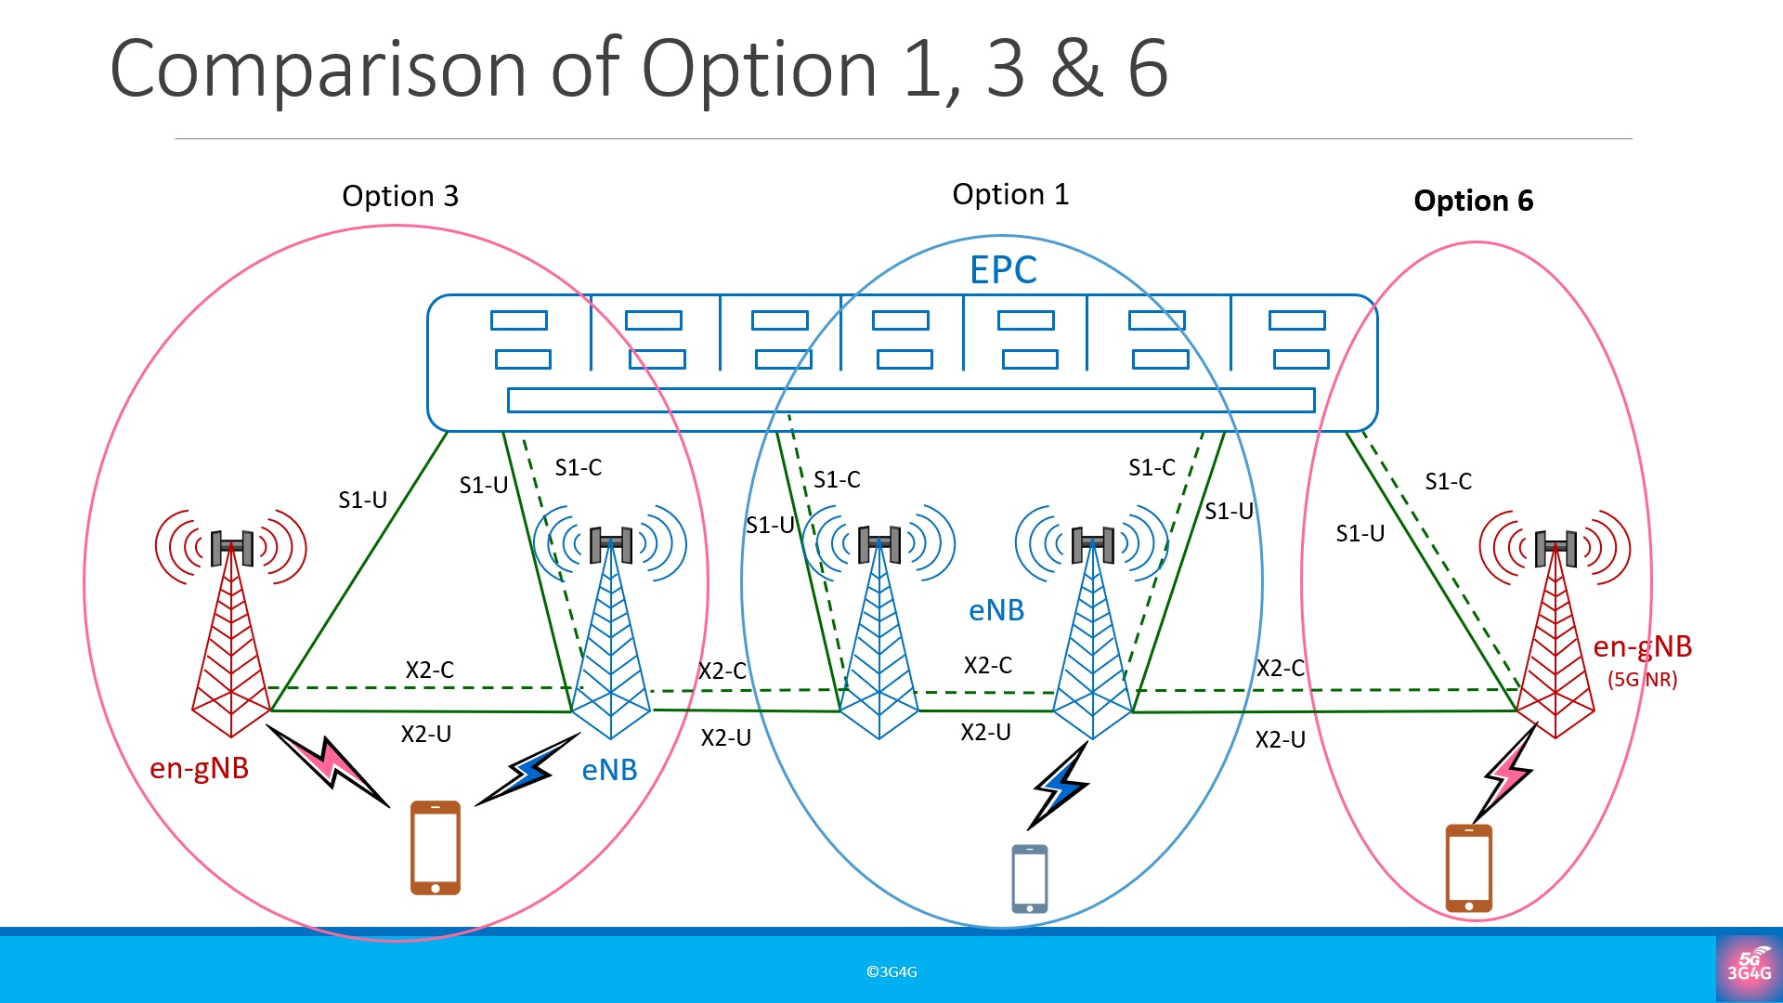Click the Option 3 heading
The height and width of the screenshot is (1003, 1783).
point(400,196)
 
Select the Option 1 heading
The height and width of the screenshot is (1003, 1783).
point(1010,194)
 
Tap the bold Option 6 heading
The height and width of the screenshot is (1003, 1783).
point(1473,201)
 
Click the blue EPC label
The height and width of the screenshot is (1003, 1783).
point(1003,270)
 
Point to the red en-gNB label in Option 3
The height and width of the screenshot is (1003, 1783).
point(199,768)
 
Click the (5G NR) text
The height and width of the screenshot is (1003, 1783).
point(1642,679)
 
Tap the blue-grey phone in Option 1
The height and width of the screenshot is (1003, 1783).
point(1029,879)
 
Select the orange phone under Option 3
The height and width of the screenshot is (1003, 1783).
point(436,848)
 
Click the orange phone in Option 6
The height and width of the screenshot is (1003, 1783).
point(1469,868)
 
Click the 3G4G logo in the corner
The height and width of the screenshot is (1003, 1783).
point(1749,968)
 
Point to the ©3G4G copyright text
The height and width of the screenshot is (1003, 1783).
point(891,971)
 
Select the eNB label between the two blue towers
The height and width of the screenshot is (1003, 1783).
point(996,610)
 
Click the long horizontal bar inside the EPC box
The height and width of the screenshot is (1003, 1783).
point(911,400)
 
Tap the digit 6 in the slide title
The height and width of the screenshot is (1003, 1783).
point(1148,69)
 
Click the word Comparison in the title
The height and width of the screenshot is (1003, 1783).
point(319,69)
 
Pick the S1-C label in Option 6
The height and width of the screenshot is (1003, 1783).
point(1448,481)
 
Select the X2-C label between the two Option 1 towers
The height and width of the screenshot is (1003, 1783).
point(987,665)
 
